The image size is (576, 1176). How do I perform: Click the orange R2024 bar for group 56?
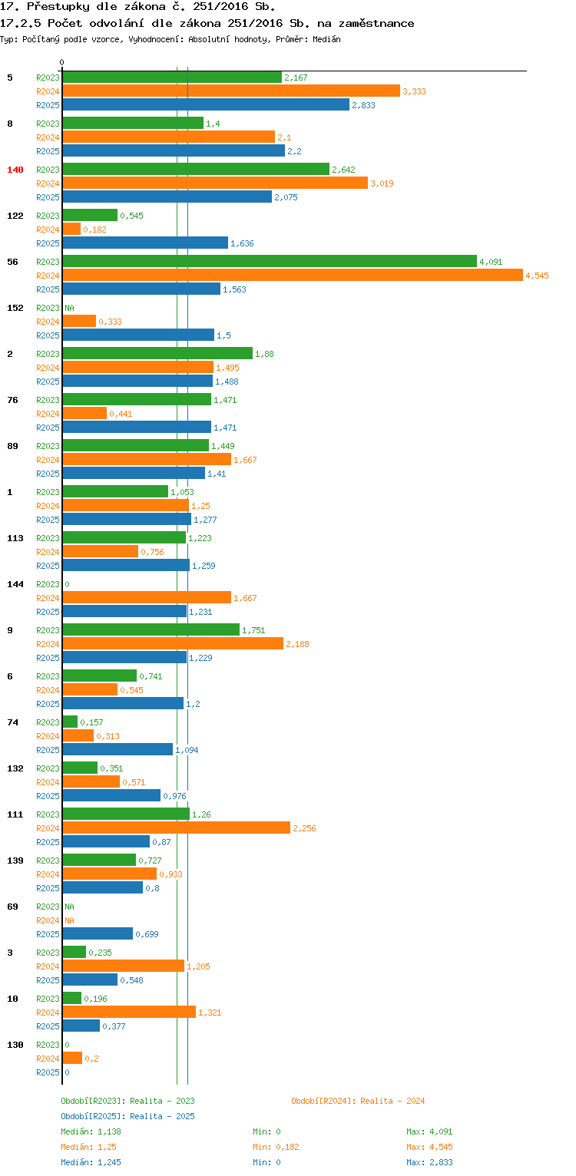point(292,275)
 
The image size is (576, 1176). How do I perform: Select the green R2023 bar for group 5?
point(172,77)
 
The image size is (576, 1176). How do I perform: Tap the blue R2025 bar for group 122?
point(145,243)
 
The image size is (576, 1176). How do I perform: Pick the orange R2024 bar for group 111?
point(176,827)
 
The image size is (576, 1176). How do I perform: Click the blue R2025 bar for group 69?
point(98,933)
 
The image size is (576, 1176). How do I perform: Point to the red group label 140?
point(15,170)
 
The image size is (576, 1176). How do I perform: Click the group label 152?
point(15,308)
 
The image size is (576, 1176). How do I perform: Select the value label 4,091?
point(491,262)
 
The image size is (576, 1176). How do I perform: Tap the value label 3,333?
point(414,91)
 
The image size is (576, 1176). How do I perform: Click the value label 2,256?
point(304,828)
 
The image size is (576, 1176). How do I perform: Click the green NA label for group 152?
point(69,308)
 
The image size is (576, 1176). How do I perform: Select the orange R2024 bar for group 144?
point(147,597)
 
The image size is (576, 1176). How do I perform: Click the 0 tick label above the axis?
point(62,62)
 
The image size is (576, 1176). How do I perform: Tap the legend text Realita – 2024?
point(392,1101)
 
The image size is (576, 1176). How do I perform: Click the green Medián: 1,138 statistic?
point(91,1131)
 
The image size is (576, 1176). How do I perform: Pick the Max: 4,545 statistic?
point(429,1147)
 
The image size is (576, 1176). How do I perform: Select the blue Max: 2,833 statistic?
point(429,1162)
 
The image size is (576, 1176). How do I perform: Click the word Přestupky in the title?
point(56,7)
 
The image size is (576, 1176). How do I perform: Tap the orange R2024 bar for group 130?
point(72,1058)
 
